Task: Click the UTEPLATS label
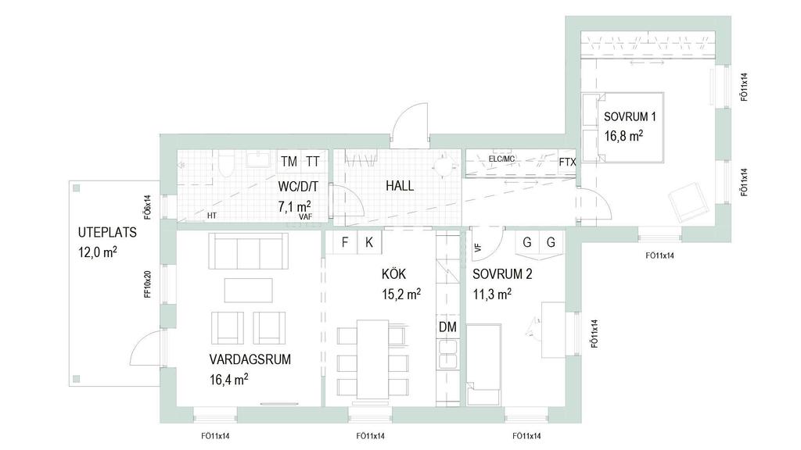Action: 107,233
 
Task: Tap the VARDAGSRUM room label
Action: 250,359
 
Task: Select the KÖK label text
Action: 394,274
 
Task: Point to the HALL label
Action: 400,186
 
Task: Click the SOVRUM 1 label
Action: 630,116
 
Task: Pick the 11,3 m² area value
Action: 492,295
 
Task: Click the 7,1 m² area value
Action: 295,206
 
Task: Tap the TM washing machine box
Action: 289,161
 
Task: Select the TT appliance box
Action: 313,161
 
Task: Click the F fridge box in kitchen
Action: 345,241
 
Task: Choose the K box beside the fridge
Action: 369,241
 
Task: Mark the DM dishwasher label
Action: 447,327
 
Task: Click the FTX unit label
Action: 567,162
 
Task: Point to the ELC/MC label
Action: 501,159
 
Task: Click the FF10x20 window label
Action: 148,284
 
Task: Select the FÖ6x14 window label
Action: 148,206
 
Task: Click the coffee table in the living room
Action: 248,291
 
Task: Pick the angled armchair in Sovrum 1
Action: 688,202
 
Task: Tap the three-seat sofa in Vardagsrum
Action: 248,251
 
